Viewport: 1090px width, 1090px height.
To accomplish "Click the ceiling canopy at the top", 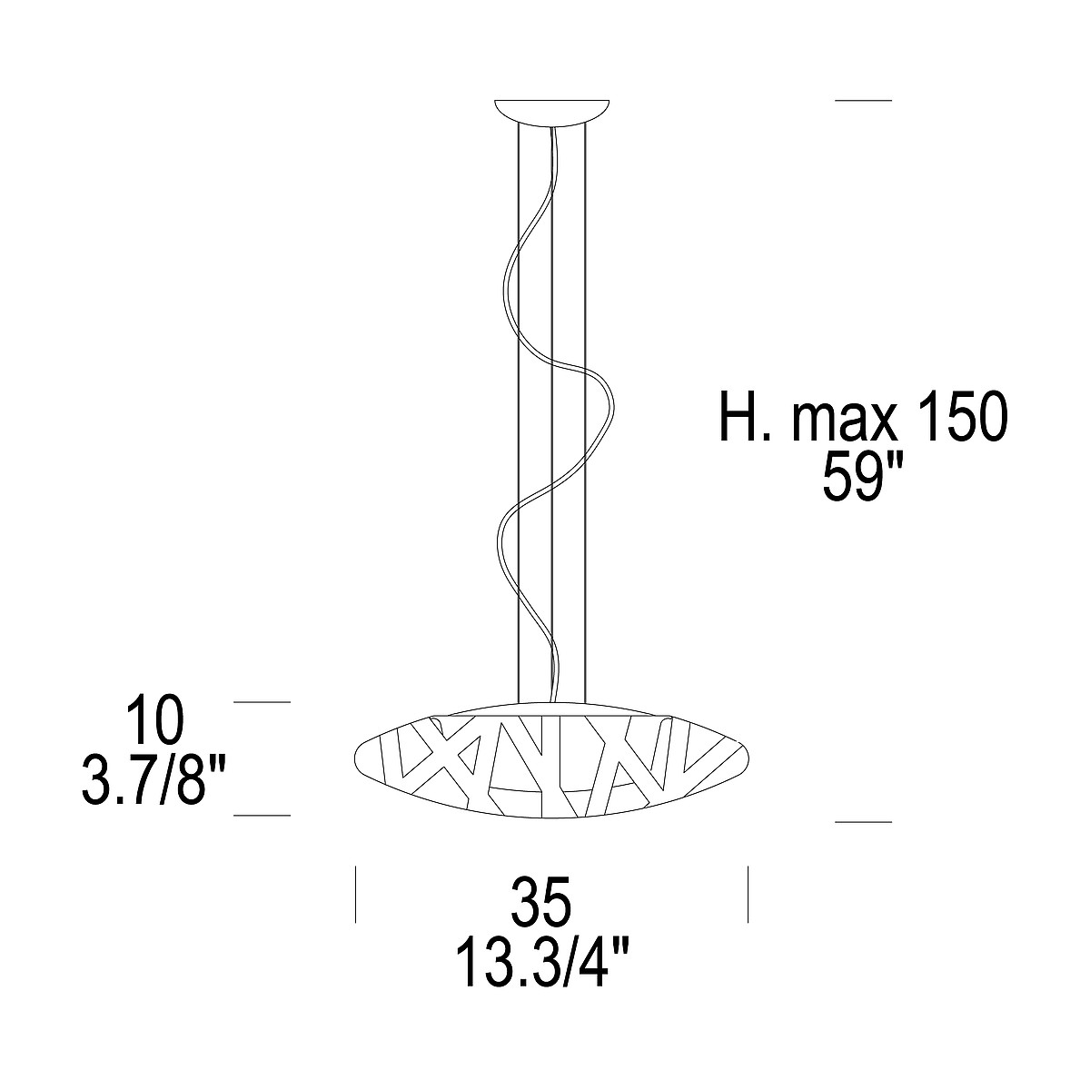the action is click(551, 111).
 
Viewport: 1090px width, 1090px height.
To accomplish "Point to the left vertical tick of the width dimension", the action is click(355, 895).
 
